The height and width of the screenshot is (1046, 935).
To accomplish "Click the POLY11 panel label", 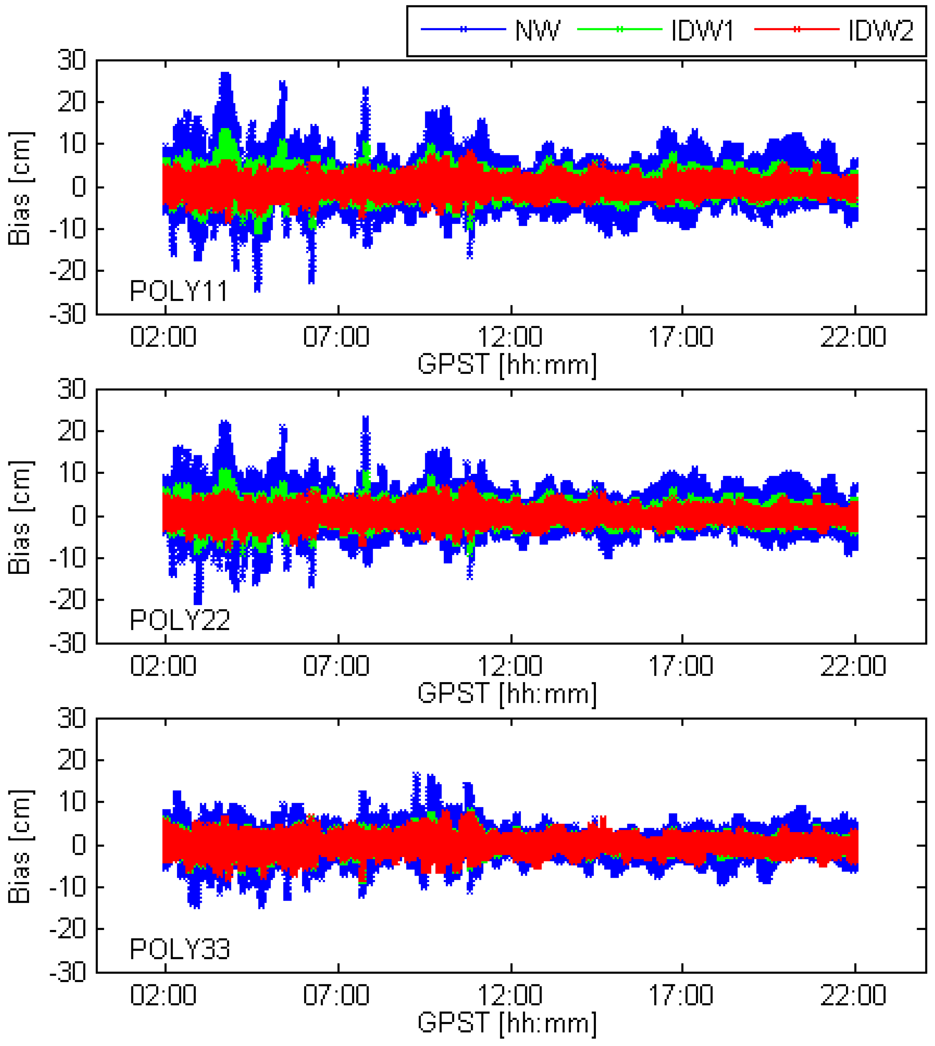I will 178,292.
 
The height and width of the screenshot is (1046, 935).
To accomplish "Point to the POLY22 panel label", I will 179,620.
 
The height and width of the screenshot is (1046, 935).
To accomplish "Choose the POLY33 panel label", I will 179,949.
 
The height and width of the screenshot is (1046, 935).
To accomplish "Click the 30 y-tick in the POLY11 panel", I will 72,61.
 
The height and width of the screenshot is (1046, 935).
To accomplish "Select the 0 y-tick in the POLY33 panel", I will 79,845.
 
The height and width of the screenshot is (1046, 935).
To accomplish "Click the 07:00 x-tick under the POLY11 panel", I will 336,337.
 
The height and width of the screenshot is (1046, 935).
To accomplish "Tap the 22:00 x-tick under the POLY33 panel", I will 853,995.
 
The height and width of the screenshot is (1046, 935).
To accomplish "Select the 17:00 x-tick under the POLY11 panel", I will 681,337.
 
